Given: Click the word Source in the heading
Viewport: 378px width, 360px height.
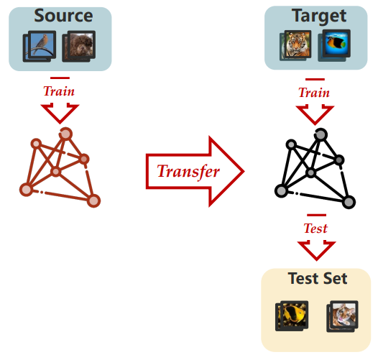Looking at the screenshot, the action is coord(63,16).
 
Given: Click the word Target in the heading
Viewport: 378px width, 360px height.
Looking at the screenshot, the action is coord(319,16).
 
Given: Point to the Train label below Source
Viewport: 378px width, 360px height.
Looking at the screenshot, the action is coord(59,91).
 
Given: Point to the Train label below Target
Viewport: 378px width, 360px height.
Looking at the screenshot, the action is coord(314,93).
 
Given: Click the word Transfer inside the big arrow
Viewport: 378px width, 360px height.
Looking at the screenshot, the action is coord(188,172).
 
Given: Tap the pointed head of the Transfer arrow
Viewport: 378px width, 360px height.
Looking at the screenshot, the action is coord(243,172).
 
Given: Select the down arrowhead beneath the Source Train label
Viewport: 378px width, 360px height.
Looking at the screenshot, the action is coord(60,114).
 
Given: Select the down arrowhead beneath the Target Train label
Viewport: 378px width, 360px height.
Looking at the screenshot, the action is coord(315,115).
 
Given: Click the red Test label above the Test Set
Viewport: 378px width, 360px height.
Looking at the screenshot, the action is coord(315,228).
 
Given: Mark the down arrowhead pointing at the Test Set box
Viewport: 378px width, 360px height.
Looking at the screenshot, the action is coord(316,251).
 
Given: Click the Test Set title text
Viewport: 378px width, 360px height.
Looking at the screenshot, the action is coord(318,279).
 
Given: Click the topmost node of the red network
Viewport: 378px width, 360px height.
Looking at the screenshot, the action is coord(65,134).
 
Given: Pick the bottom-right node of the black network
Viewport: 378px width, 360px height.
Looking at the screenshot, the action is coord(349,202).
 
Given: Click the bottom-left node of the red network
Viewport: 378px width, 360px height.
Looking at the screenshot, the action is coord(27,190).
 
